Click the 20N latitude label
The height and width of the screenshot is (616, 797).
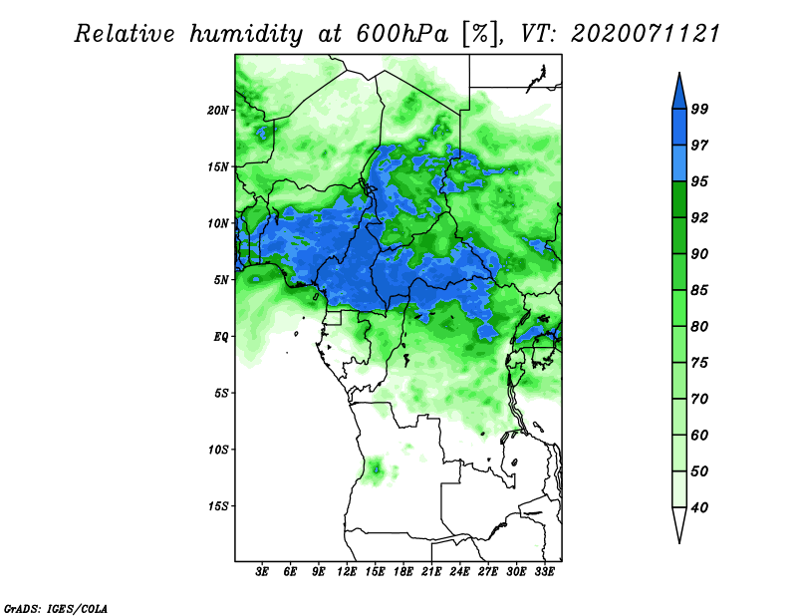218,110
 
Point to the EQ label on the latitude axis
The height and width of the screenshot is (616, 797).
221,337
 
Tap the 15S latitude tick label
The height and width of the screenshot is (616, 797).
218,506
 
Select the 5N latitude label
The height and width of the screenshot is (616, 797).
221,280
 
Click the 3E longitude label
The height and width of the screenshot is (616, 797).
262,572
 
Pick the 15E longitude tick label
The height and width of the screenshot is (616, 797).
375,572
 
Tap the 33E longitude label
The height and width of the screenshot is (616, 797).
544,572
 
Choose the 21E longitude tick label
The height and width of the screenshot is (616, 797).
431,572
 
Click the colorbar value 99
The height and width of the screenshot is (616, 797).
699,109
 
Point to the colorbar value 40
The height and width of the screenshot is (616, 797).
699,507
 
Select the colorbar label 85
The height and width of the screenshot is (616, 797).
699,290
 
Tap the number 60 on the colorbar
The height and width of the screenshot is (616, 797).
699,435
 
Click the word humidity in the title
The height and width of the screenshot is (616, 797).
246,35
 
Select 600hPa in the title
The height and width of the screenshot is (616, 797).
401,34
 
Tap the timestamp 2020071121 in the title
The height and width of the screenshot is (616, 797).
646,34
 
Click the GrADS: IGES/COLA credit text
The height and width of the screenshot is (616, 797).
56,608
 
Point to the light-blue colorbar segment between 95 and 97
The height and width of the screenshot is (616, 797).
679,163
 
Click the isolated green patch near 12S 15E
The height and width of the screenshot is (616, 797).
378,469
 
